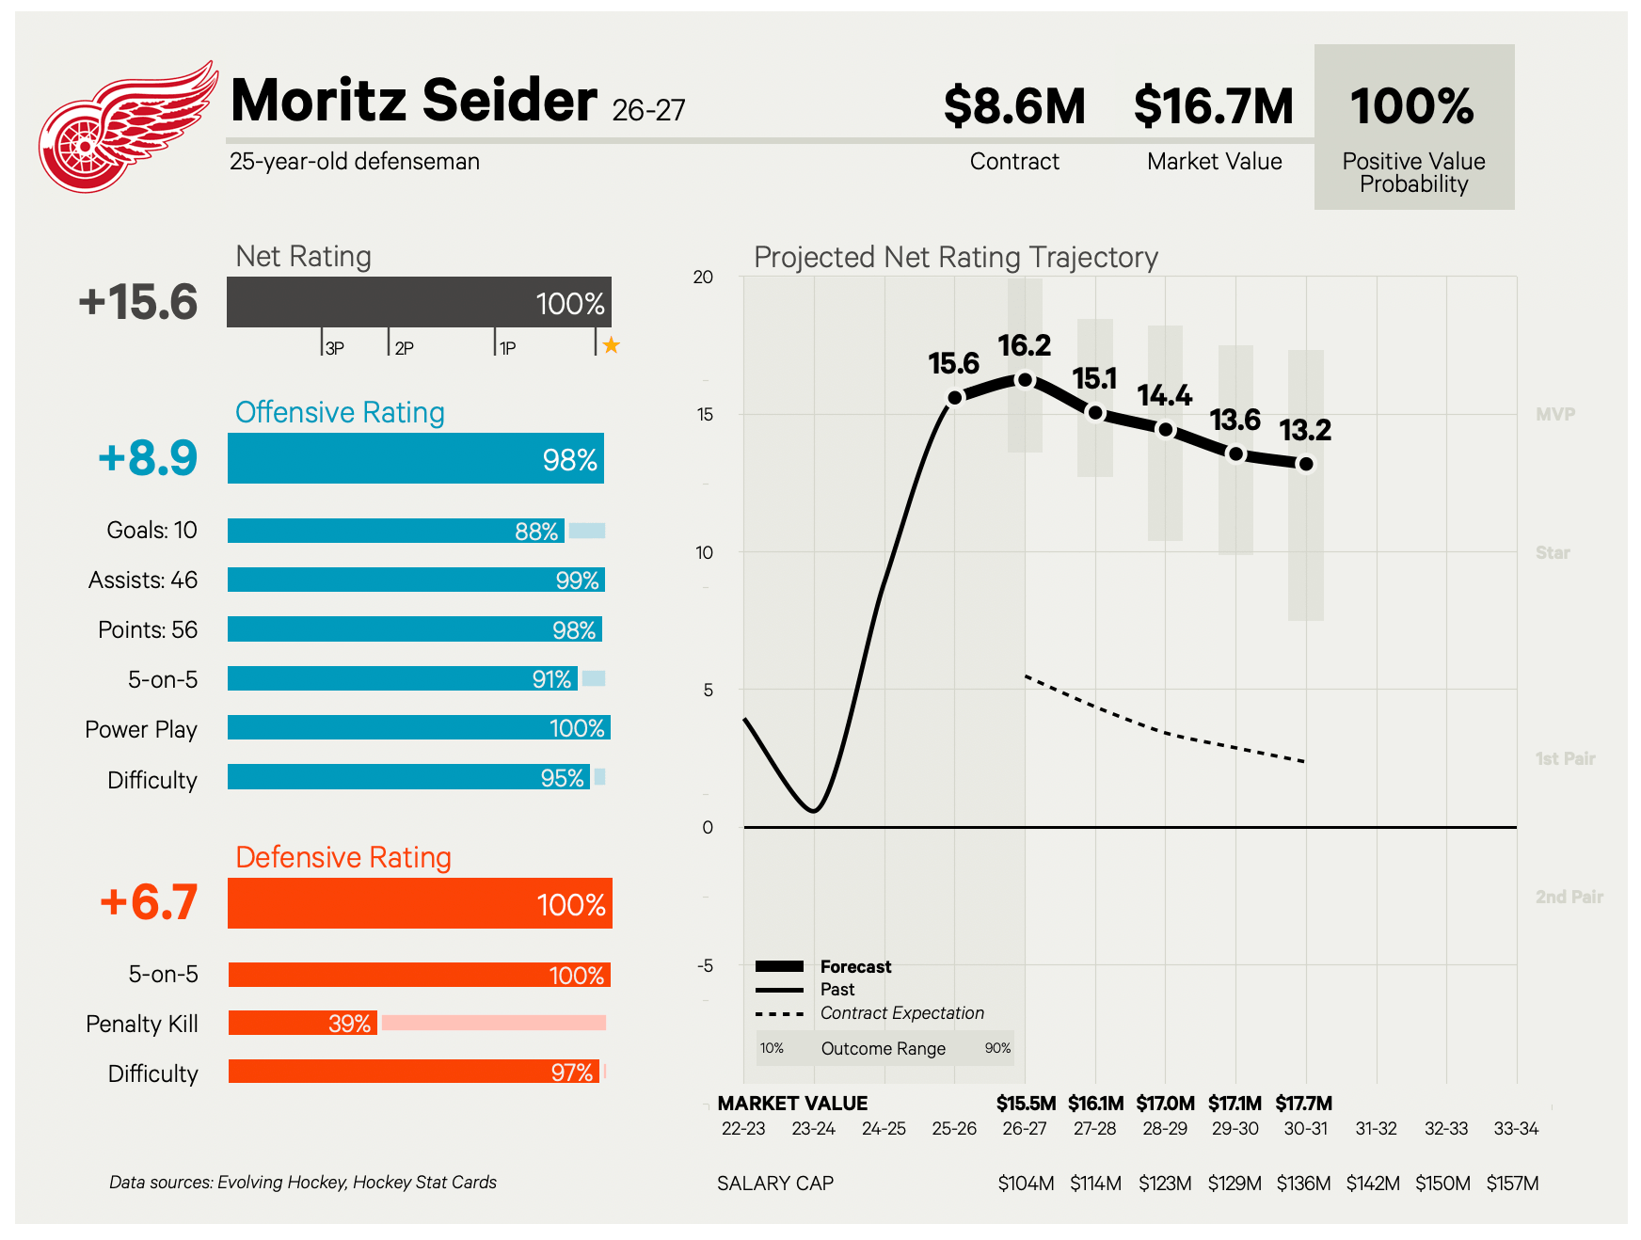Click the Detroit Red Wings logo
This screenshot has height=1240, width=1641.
tap(127, 127)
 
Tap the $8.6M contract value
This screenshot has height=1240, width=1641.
tap(1014, 106)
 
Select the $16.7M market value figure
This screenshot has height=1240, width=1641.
tap(1214, 106)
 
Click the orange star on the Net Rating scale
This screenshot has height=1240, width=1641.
tap(612, 345)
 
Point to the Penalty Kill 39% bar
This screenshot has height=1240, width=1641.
tap(303, 1023)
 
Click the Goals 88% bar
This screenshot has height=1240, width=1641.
tap(396, 531)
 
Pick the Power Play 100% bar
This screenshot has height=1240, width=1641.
tap(419, 727)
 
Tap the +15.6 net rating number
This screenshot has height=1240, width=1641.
tap(138, 302)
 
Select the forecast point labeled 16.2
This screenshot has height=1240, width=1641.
tap(1025, 380)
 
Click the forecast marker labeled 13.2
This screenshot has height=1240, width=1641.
tap(1306, 464)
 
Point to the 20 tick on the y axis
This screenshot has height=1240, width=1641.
tap(703, 277)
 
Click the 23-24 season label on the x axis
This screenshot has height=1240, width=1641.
tap(814, 1128)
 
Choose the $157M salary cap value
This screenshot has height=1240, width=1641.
tap(1513, 1184)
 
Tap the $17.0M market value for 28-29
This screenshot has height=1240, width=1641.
tap(1166, 1103)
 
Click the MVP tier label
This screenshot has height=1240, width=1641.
tap(1555, 414)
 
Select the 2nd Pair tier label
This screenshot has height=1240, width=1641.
tap(1569, 897)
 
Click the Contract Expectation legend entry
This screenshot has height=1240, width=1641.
tap(902, 1013)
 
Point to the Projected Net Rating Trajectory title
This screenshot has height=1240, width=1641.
tap(956, 257)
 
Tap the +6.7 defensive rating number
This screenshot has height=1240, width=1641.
tap(149, 901)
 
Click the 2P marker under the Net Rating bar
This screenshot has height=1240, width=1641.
tap(404, 348)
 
